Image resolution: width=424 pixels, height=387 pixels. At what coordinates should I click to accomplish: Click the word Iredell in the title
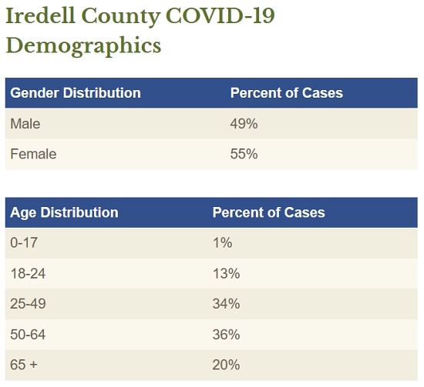(40, 16)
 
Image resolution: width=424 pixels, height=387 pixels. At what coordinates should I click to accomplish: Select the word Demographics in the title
(83, 45)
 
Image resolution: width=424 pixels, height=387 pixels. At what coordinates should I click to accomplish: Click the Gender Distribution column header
(76, 93)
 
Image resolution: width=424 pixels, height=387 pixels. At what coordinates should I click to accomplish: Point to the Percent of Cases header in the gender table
(286, 93)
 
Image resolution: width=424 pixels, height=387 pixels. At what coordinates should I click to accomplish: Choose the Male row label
(25, 124)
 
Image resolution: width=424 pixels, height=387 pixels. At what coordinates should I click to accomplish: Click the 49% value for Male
(244, 124)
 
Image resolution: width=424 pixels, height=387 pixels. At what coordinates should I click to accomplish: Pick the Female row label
(33, 154)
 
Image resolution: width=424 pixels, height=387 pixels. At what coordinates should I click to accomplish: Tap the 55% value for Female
(244, 154)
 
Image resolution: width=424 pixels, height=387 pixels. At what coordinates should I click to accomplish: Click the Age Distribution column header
(64, 212)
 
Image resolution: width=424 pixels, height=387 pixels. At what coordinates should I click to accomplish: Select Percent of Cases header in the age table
(268, 212)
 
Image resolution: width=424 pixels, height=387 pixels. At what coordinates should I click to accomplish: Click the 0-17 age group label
(24, 242)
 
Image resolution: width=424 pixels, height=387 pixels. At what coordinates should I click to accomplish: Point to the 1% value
(222, 242)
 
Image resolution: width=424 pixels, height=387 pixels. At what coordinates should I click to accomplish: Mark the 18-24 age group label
(28, 273)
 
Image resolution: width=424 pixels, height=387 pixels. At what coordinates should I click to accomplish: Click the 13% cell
(227, 273)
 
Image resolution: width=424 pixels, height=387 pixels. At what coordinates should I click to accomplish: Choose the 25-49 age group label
(28, 304)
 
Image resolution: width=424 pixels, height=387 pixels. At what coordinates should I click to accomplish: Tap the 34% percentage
(227, 304)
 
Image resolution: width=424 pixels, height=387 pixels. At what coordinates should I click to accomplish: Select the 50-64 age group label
(28, 335)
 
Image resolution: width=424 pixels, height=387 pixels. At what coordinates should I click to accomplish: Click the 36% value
(227, 335)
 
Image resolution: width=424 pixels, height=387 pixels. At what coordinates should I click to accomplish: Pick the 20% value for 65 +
(227, 365)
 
